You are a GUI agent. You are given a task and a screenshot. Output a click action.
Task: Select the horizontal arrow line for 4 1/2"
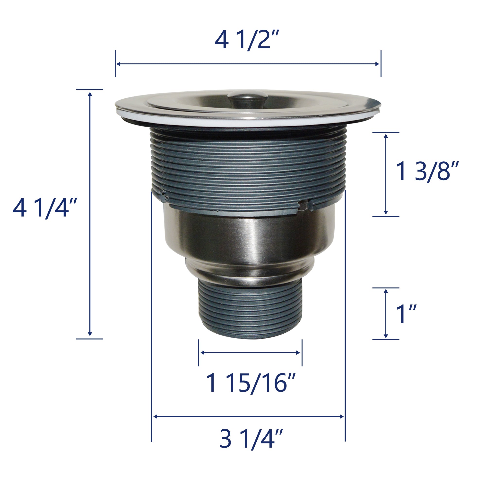(248, 64)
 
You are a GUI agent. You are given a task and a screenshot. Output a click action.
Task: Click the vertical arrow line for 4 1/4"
(90, 214)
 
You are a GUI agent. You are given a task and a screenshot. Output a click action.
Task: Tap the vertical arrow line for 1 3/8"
(386, 174)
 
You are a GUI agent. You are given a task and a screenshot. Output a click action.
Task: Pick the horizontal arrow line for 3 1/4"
(248, 417)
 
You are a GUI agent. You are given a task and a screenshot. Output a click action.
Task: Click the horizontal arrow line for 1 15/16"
(250, 353)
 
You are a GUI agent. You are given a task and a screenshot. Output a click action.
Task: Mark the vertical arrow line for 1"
(386, 313)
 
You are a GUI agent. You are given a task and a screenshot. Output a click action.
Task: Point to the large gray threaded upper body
(248, 164)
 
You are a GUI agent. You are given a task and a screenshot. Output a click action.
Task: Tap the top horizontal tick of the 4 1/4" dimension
(90, 89)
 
